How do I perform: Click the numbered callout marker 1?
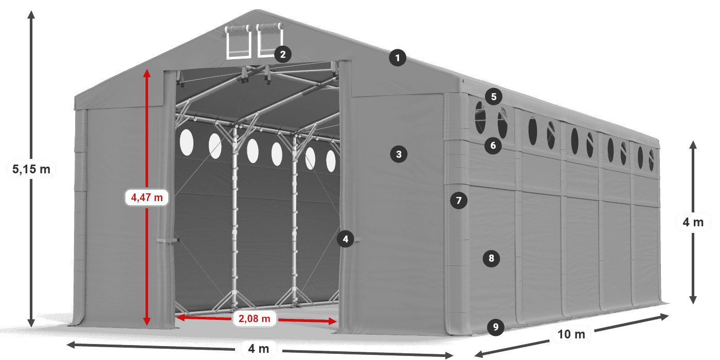pyautogui.click(x=397, y=58)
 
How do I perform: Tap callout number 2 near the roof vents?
pyautogui.click(x=283, y=54)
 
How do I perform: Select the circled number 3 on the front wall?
pyautogui.click(x=399, y=153)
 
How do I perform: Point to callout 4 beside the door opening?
pyautogui.click(x=346, y=239)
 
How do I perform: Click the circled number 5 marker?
pyautogui.click(x=493, y=96)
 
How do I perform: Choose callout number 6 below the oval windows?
pyautogui.click(x=493, y=146)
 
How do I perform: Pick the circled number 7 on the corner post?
pyautogui.click(x=459, y=200)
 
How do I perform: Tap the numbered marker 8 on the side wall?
pyautogui.click(x=491, y=258)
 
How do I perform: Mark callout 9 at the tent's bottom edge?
pyautogui.click(x=495, y=327)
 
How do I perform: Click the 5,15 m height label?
pyautogui.click(x=31, y=169)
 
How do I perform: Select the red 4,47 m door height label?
pyautogui.click(x=147, y=197)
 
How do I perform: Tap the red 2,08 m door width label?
pyautogui.click(x=255, y=319)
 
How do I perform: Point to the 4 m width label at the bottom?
pyautogui.click(x=259, y=349)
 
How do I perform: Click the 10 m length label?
pyautogui.click(x=571, y=335)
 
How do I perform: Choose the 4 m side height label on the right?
pyautogui.click(x=693, y=222)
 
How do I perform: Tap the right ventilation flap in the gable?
pyautogui.click(x=269, y=40)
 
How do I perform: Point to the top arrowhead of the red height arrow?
pyautogui.click(x=147, y=73)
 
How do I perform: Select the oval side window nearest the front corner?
pyautogui.click(x=480, y=118)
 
